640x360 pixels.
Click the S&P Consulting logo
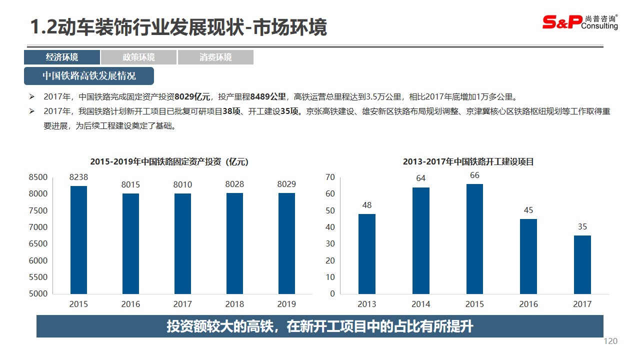coord(580,22)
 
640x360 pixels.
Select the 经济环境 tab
coord(62,57)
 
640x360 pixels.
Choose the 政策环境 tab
coord(138,57)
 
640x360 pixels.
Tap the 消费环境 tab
coord(215,57)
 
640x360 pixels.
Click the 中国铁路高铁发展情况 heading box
coord(89,76)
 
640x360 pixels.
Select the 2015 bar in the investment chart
coord(78,240)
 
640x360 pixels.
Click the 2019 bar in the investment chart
coord(286,243)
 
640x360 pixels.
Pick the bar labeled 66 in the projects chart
coord(474,239)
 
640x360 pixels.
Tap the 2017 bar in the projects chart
coord(582,264)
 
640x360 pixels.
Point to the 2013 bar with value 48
coord(367,254)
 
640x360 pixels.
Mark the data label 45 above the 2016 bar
coord(528,210)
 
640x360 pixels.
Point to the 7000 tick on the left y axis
coord(38,227)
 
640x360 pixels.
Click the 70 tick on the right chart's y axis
coord(330,177)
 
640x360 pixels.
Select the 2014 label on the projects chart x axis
coord(420,304)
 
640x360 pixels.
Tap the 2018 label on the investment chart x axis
coord(234,304)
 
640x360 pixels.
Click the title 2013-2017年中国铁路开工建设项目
coord(468,162)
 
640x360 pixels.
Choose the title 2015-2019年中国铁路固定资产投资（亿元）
coord(169,162)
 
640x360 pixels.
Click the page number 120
coord(610,341)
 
